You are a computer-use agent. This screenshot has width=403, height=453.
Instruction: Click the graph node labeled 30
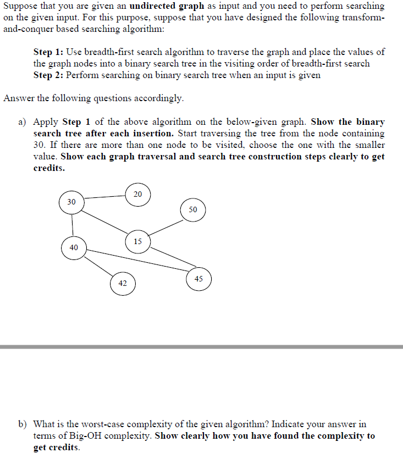[x=72, y=202]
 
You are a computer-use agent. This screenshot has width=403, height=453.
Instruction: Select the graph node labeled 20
[x=137, y=194]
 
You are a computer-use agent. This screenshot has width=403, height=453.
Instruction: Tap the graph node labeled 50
[x=192, y=209]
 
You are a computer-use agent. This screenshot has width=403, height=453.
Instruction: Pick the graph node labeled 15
[x=137, y=241]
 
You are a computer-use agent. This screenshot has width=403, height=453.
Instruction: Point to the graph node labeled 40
[x=74, y=248]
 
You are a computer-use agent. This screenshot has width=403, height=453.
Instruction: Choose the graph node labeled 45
[x=198, y=279]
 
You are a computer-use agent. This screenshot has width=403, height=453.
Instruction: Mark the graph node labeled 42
[x=123, y=284]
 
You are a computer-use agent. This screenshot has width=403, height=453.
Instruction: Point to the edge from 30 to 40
[x=73, y=225]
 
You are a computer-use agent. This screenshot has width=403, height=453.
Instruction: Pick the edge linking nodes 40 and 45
[x=137, y=261]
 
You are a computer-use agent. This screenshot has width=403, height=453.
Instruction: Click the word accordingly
[x=157, y=98]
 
